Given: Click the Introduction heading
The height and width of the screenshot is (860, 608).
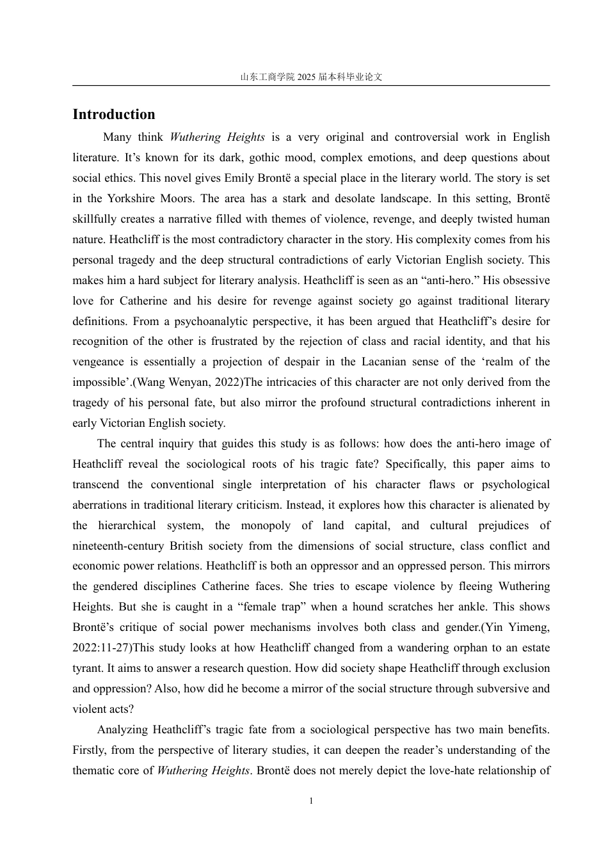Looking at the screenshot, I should click(x=114, y=115).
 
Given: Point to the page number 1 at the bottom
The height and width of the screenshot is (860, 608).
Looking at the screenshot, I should click(x=311, y=801).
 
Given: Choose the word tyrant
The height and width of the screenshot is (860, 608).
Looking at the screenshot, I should click(x=88, y=668).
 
